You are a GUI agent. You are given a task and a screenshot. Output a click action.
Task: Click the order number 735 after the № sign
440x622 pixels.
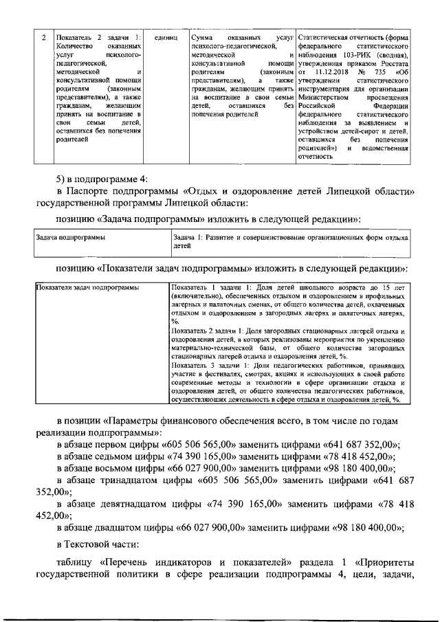tap(380, 72)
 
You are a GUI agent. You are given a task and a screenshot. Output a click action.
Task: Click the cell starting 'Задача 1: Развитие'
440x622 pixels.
tap(289, 241)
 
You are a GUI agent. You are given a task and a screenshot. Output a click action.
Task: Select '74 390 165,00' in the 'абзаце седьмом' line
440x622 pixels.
tap(192, 457)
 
